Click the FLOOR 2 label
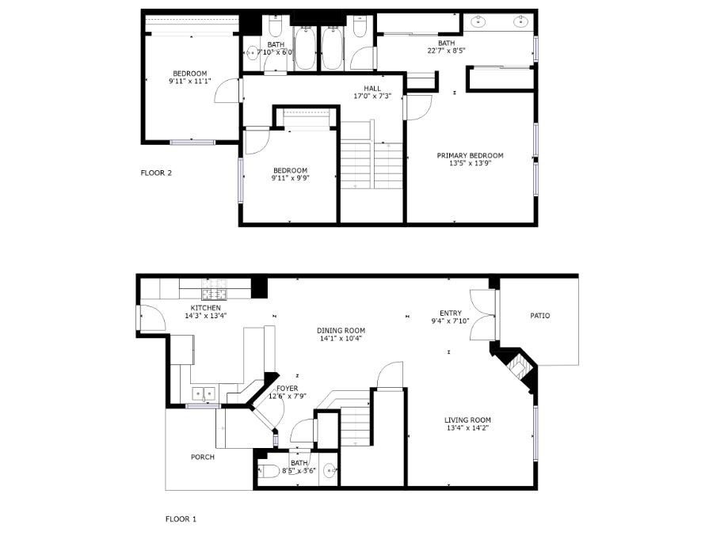[156, 173]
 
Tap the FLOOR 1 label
[181, 519]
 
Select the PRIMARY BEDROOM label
[471, 155]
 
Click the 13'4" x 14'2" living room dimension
[467, 428]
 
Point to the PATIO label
[540, 316]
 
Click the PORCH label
[203, 458]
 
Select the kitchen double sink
[204, 394]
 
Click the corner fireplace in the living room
[517, 366]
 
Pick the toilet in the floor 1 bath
[269, 471]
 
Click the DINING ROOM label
[341, 331]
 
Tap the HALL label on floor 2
[372, 89]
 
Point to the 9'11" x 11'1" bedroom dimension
[190, 82]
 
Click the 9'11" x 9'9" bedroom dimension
[291, 178]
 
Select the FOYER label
[287, 389]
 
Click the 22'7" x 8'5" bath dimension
[446, 51]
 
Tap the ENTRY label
[451, 313]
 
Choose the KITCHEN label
[205, 308]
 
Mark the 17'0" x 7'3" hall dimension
[372, 96]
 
